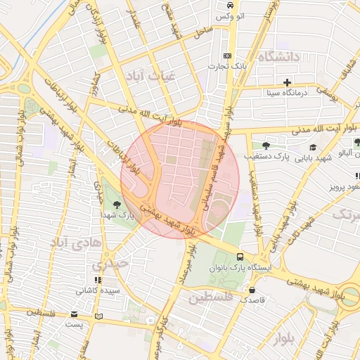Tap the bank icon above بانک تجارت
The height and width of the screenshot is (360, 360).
click(226, 56)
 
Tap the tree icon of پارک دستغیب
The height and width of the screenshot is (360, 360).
click(264, 146)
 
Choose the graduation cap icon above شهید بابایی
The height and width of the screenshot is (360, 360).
click(311, 147)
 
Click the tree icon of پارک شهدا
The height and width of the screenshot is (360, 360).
click(126, 204)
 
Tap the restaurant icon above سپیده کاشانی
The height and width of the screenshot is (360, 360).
click(98, 270)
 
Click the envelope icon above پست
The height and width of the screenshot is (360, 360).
click(75, 314)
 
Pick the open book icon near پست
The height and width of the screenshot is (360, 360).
click(98, 316)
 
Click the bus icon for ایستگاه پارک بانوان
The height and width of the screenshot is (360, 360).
click(240, 257)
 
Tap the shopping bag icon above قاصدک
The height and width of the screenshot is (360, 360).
click(252, 289)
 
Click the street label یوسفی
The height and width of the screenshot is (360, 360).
click(327, 91)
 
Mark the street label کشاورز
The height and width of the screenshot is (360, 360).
click(96, 85)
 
